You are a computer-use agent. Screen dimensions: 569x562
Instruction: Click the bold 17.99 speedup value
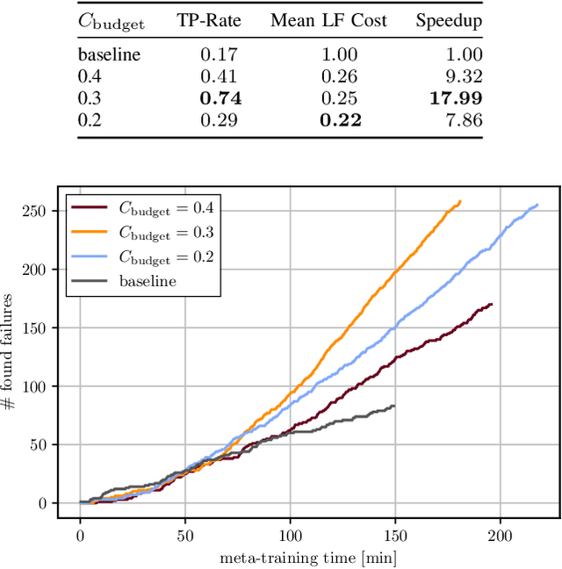(454, 99)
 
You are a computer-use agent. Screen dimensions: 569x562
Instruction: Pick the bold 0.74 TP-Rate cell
(220, 99)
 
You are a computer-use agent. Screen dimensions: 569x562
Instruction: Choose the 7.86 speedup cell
(462, 120)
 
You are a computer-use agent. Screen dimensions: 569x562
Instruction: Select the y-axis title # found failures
(11, 351)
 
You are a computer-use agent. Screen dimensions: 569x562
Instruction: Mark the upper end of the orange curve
(460, 201)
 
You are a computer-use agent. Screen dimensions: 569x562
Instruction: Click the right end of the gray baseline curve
(394, 406)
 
